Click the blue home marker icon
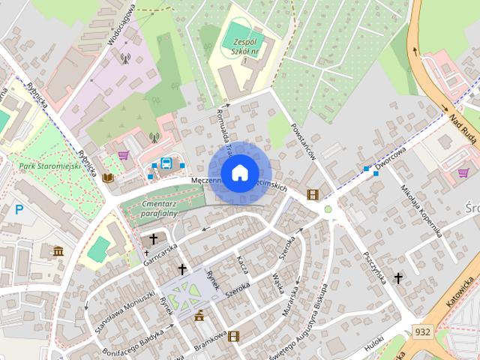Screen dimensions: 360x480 click(x=239, y=172)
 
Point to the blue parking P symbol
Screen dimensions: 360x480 click(x=19, y=210)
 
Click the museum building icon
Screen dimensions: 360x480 click(x=58, y=250)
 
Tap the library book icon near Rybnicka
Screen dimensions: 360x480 click(x=108, y=178)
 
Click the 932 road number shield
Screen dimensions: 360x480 click(x=421, y=331)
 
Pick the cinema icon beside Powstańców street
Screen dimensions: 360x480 click(x=312, y=195)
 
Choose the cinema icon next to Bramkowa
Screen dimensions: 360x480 click(x=233, y=336)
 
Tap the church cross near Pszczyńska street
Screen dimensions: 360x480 click(x=398, y=278)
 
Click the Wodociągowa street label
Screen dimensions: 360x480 click(x=121, y=25)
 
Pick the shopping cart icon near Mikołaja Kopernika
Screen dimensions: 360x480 click(x=463, y=173)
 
